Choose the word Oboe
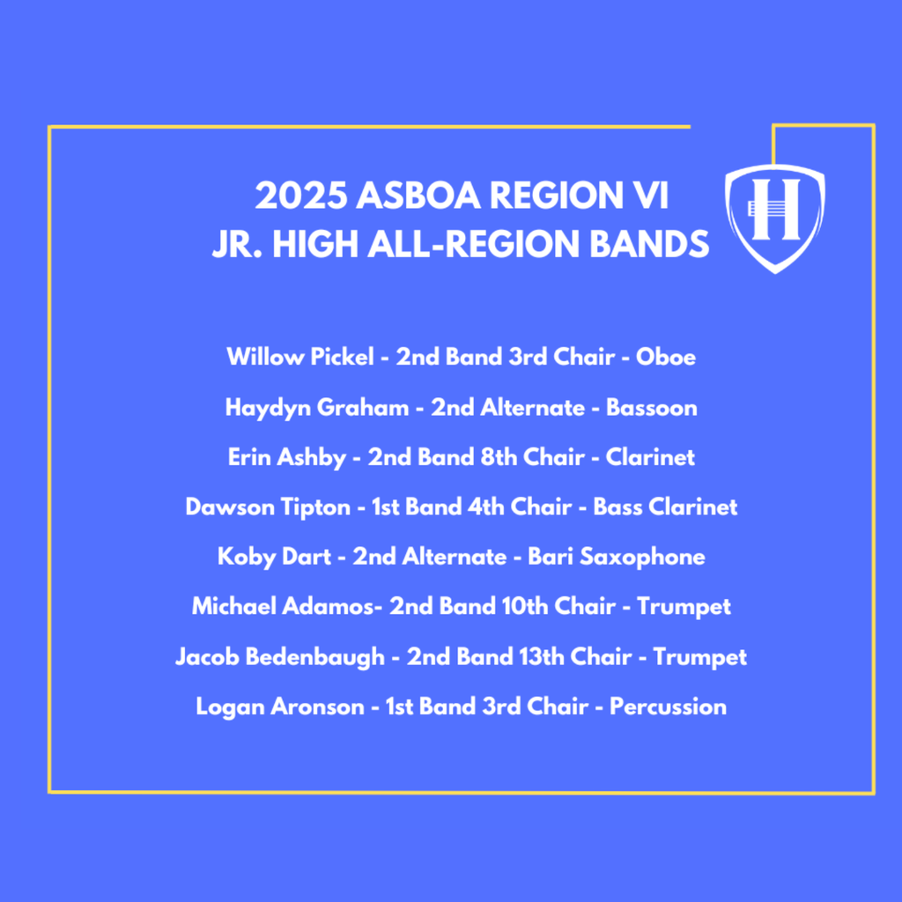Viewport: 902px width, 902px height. point(666,357)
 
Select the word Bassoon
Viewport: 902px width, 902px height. point(651,408)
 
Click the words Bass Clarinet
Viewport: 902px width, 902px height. point(665,507)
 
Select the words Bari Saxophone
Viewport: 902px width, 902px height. point(616,558)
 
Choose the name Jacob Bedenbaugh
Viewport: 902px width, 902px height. point(279,657)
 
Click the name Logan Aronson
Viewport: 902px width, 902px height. point(278,706)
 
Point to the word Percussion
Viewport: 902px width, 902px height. point(668,706)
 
